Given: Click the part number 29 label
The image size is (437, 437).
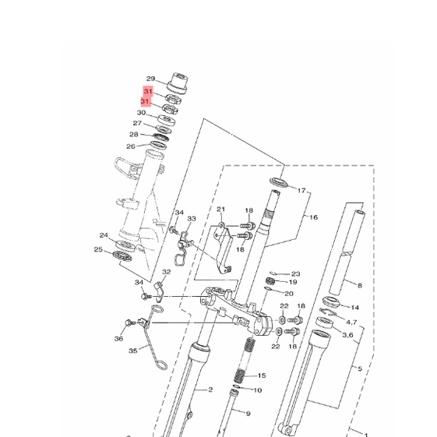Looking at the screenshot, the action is coord(150,79).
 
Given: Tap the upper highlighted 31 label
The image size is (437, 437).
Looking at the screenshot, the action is coord(148,91).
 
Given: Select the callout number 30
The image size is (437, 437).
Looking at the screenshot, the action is coord(141,113).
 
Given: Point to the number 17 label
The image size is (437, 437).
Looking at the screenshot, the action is coord(301,191).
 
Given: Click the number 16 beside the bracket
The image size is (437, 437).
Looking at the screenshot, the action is coord(314,217).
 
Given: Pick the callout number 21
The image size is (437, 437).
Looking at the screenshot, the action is coord(221,210).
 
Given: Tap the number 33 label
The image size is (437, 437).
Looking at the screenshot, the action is coord(192,219).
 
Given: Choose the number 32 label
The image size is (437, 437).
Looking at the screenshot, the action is coord(167,272).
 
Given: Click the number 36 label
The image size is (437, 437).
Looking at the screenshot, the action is coord(118,339).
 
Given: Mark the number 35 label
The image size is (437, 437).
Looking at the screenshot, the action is coord(133,351).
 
